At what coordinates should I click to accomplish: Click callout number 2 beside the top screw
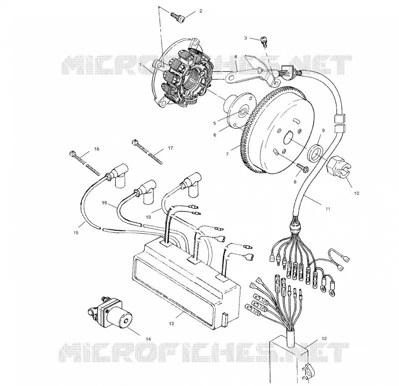(x=201, y=11)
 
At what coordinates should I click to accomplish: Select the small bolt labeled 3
(x=263, y=41)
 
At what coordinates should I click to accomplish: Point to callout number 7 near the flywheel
(x=227, y=154)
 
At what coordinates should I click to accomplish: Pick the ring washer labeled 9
(x=316, y=153)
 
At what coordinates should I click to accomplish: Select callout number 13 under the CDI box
(x=171, y=324)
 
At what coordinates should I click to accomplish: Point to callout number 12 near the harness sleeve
(x=324, y=339)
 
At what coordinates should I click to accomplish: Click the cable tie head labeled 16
(x=73, y=154)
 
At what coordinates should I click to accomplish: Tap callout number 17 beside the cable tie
(x=170, y=148)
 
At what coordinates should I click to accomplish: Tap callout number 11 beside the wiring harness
(x=328, y=209)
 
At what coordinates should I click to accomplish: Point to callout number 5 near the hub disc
(x=214, y=123)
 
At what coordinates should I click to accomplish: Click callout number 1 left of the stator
(x=140, y=65)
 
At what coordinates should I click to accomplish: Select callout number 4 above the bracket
(x=235, y=56)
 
